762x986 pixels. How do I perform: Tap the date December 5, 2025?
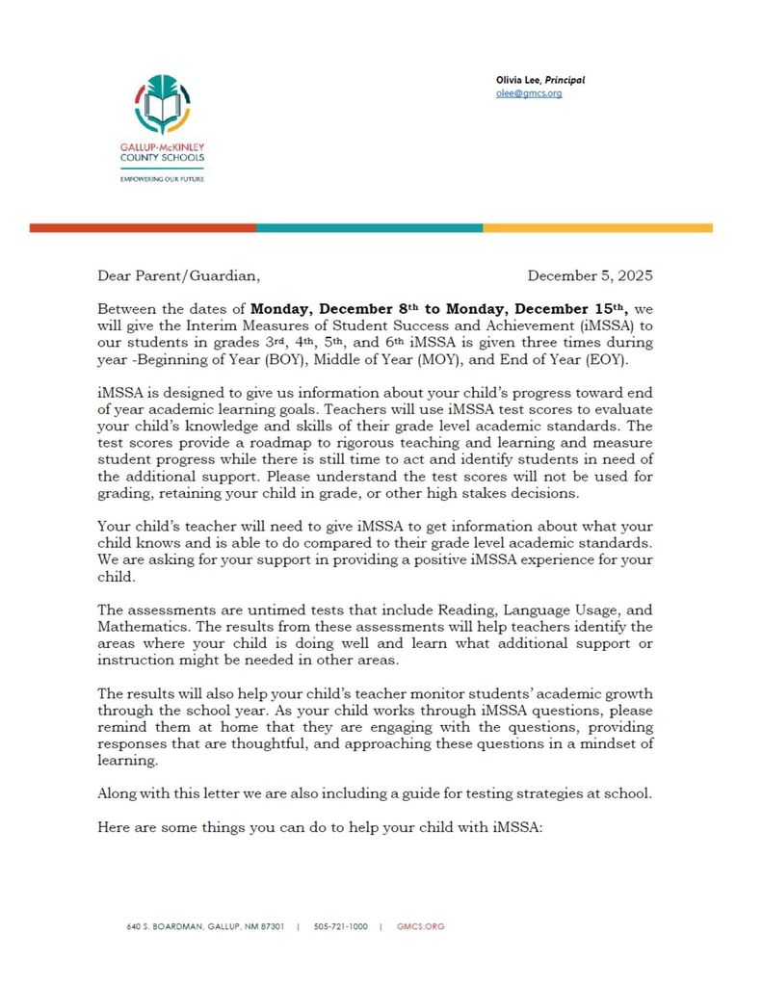(590, 275)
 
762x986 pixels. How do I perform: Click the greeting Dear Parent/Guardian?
(178, 275)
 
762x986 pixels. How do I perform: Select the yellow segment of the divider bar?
(597, 228)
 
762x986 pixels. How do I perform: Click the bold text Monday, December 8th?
(333, 309)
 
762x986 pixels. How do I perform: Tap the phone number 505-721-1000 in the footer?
(340, 926)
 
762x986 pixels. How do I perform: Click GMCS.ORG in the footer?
(421, 926)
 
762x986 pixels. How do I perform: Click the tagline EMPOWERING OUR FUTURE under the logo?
(162, 179)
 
